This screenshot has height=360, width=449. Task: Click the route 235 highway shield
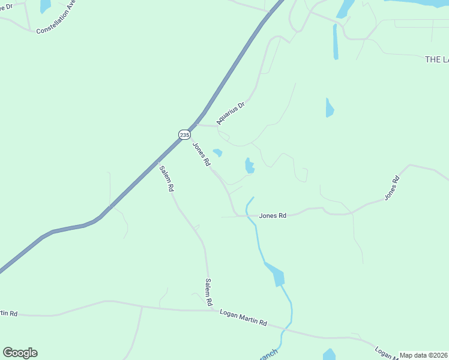[x=184, y=134]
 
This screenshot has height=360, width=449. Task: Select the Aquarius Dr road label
[x=231, y=113]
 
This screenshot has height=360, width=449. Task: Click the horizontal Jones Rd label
[x=273, y=215]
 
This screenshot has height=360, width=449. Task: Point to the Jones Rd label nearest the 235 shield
[x=202, y=154]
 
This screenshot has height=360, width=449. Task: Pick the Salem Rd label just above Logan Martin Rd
[x=209, y=292]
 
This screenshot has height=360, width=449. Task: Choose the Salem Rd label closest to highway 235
[x=166, y=178]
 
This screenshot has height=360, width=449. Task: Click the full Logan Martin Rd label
[x=243, y=317]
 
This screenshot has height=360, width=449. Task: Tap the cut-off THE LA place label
[x=436, y=59]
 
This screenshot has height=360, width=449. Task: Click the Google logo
[x=20, y=353]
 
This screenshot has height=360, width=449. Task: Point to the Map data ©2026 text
[x=423, y=355]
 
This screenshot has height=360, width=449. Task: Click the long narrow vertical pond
[x=336, y=42]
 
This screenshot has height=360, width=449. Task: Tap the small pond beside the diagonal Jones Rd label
[x=217, y=152]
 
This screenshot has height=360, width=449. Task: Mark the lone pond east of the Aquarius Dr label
[x=329, y=108]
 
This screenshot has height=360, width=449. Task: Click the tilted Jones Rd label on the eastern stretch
[x=391, y=188]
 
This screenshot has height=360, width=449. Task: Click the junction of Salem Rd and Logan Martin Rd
[x=212, y=310]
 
